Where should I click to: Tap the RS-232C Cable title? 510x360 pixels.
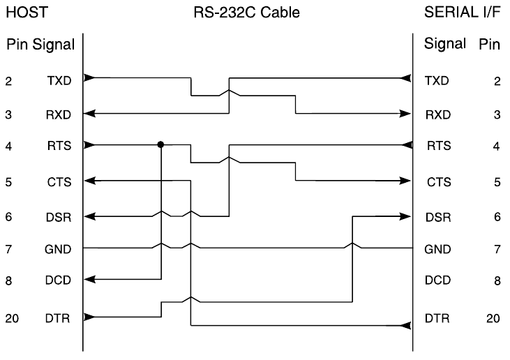click(246, 12)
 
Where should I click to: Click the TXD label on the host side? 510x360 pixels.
click(59, 81)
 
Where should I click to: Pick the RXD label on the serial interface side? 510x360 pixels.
click(437, 114)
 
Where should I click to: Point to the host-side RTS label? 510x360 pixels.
click(59, 147)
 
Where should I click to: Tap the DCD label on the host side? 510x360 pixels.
click(59, 281)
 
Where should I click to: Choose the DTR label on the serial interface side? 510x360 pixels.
click(437, 318)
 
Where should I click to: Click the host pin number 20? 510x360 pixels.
click(13, 319)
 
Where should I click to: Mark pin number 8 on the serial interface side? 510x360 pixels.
click(497, 281)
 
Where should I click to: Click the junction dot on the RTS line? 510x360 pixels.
click(161, 144)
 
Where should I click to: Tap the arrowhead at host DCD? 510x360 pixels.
click(89, 280)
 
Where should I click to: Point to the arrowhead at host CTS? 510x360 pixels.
click(89, 181)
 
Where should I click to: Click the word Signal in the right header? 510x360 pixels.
click(444, 45)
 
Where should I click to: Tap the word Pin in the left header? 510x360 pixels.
click(15, 46)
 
